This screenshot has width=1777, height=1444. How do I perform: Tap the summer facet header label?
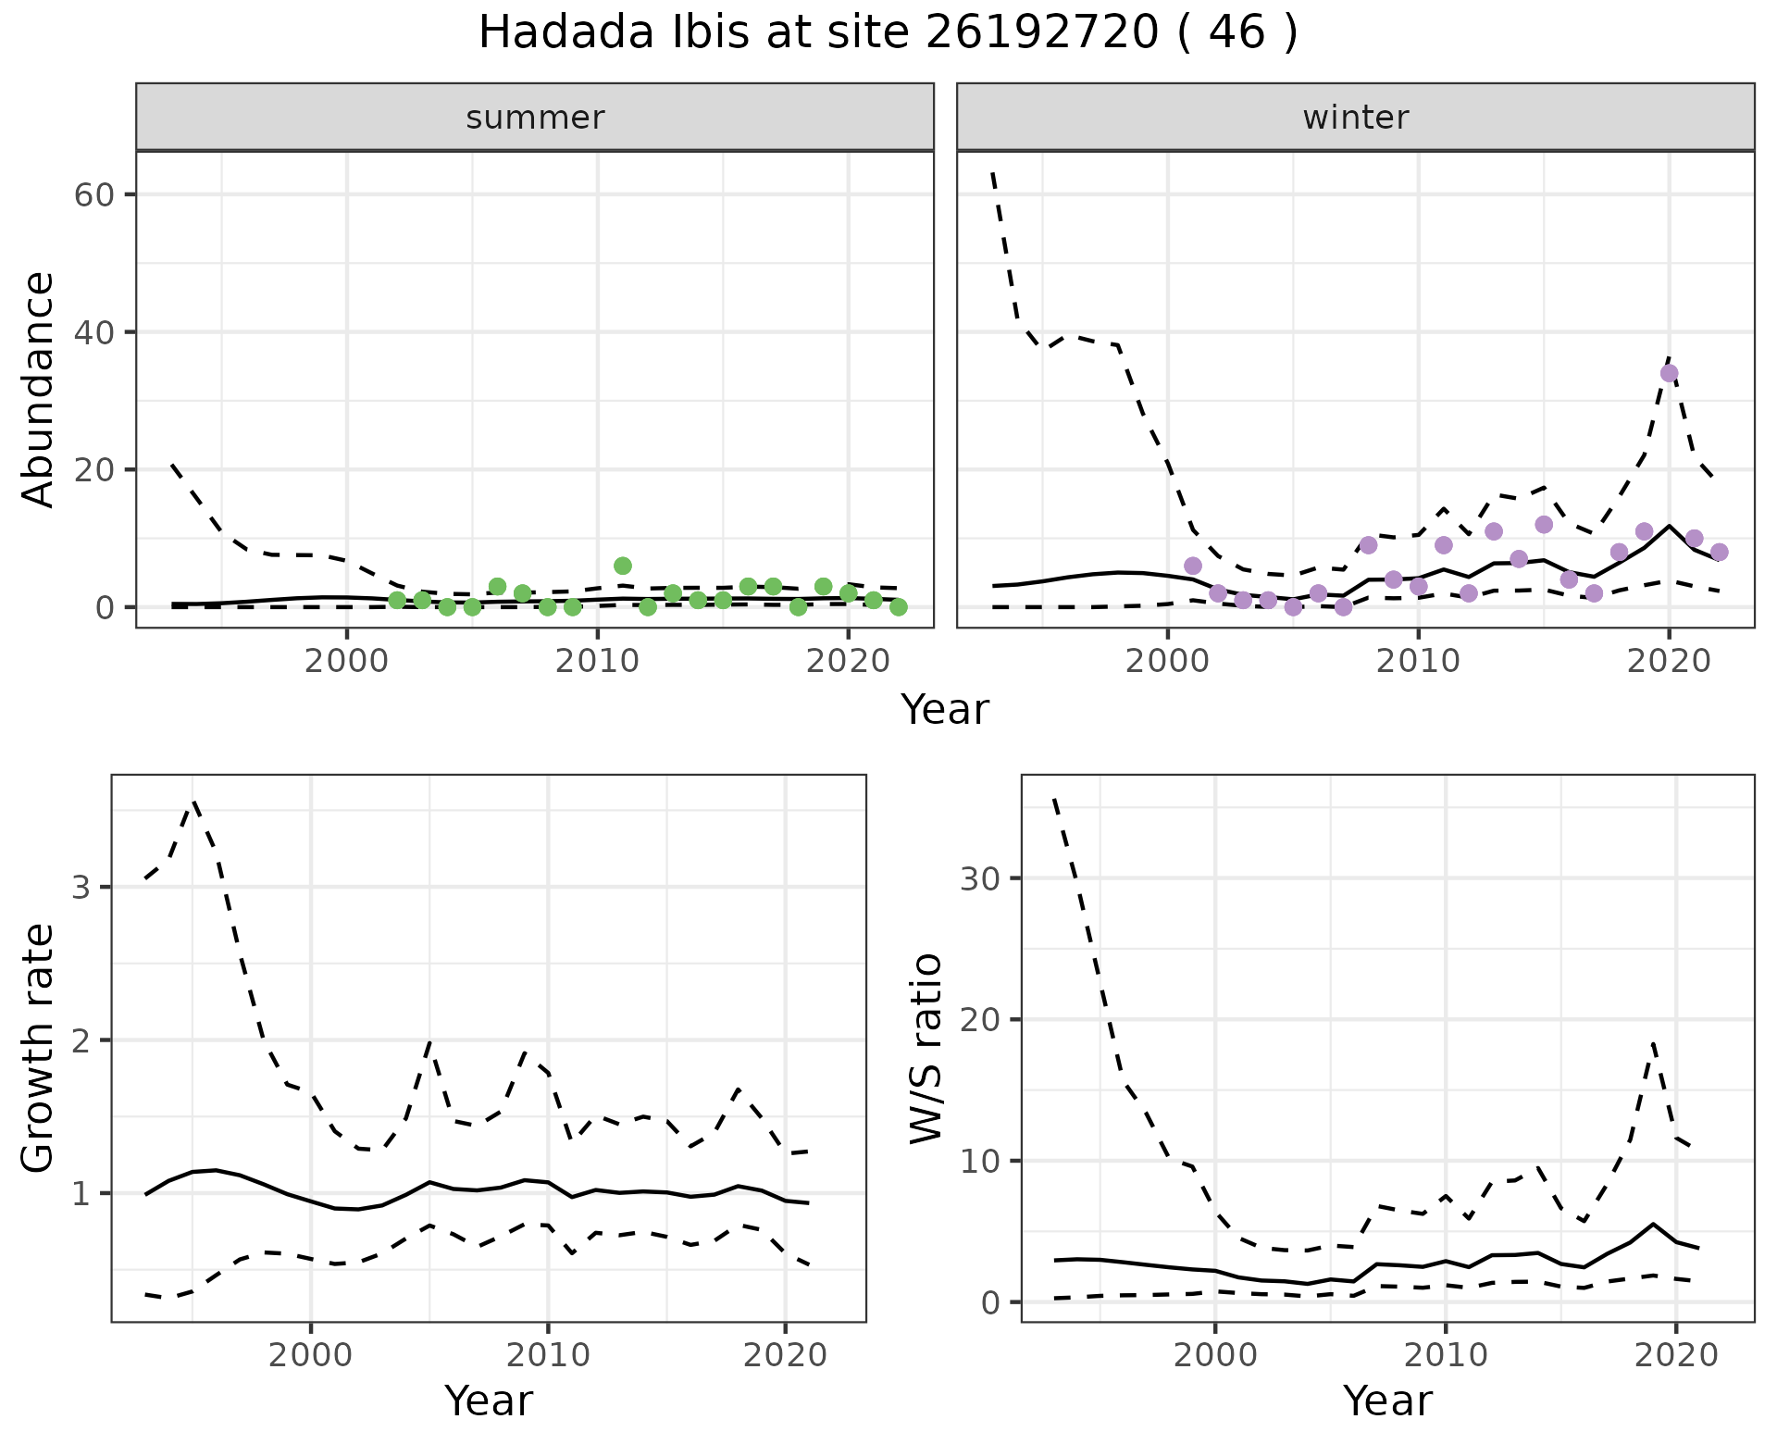coord(535,118)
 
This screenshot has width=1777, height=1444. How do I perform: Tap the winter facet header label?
coord(1356,118)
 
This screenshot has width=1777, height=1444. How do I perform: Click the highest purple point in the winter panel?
coord(1669,374)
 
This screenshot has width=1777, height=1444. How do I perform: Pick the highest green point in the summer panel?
coord(623,566)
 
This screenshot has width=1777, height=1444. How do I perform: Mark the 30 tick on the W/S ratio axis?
coord(981,878)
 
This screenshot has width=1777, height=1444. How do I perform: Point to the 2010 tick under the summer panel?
coord(597,663)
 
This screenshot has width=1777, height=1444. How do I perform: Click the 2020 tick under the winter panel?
coord(1669,663)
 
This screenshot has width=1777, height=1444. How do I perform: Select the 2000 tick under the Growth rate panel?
coord(311,1356)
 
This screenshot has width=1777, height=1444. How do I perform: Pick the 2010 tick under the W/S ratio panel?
coord(1445,1356)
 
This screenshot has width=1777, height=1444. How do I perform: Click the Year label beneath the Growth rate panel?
coord(489,1401)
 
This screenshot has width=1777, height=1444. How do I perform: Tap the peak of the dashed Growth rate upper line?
coord(193,803)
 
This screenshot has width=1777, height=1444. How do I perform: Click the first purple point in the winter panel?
coord(1193,566)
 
